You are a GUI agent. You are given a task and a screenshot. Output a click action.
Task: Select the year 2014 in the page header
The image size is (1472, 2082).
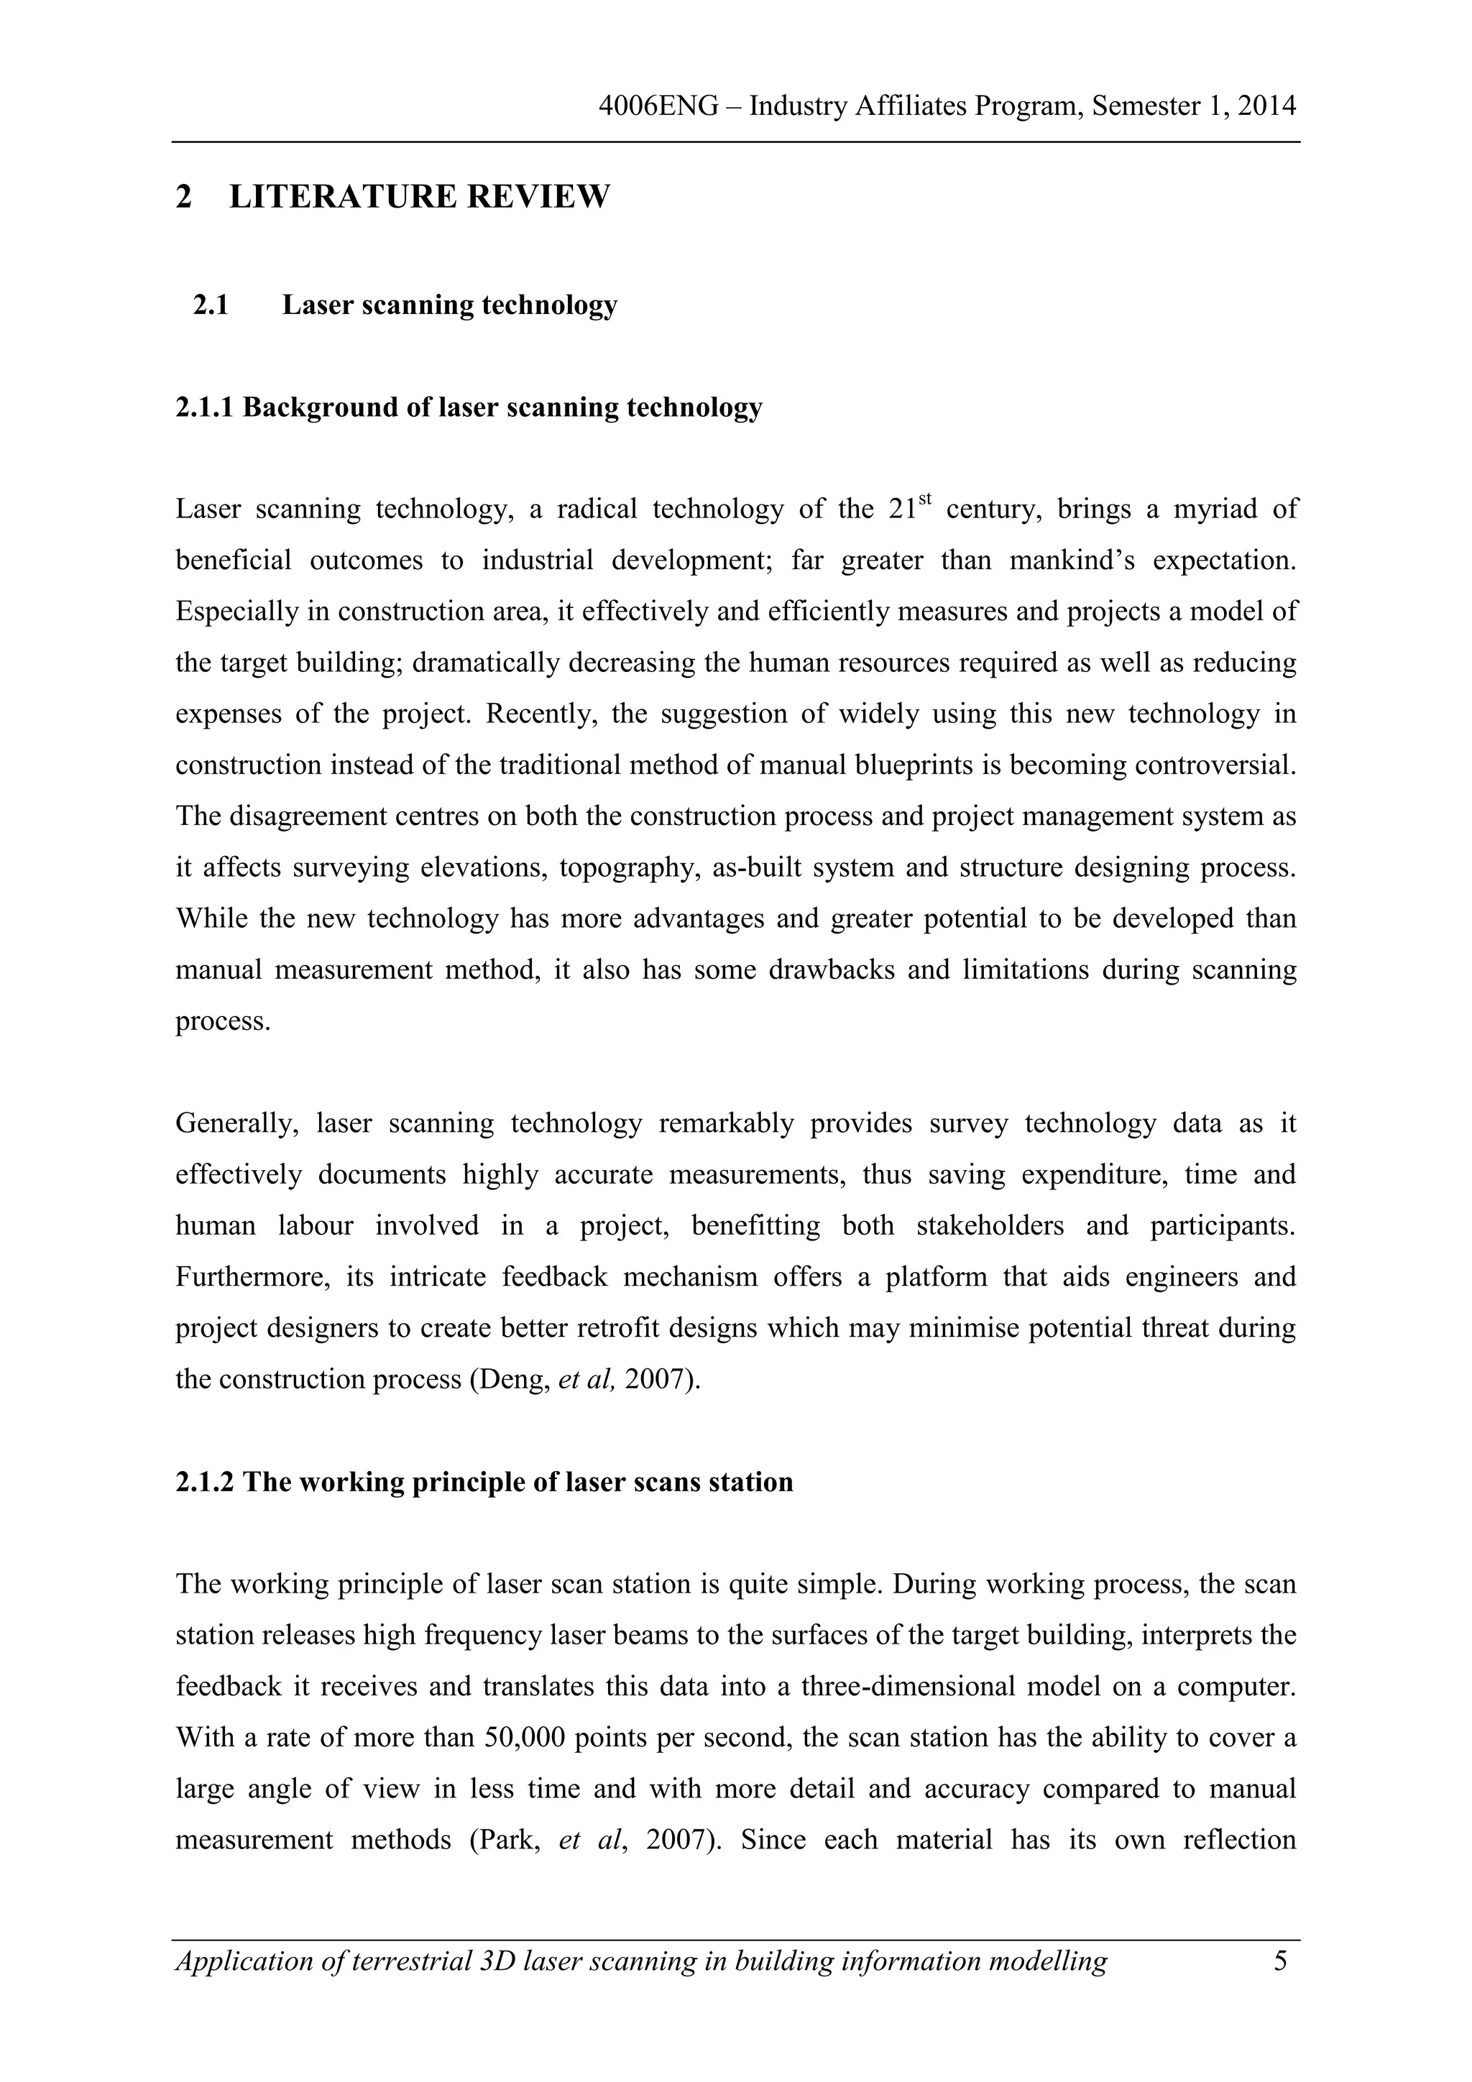coord(1266,107)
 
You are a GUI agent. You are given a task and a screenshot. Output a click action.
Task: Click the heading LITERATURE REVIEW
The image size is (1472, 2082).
coord(419,197)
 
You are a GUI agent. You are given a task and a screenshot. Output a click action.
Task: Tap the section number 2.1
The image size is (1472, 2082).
coord(211,305)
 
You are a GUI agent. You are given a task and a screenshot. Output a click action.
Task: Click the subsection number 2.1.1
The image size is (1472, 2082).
coord(205,408)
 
